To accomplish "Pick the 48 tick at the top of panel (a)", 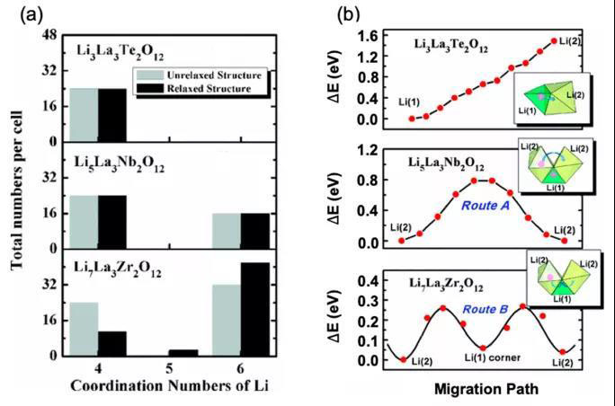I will point(51,35).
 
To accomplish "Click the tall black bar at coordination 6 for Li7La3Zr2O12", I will point(254,309).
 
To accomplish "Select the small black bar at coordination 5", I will point(183,352).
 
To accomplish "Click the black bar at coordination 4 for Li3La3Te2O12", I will point(112,115).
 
